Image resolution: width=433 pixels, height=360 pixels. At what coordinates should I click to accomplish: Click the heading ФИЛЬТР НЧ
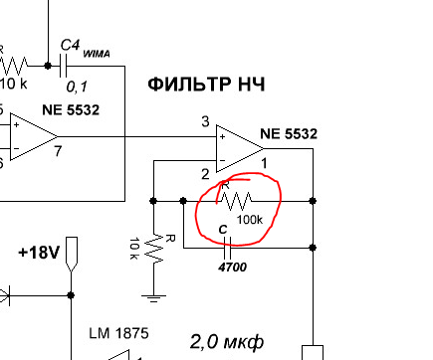[x=206, y=85]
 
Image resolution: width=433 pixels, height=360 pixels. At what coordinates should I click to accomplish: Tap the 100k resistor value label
[x=250, y=220]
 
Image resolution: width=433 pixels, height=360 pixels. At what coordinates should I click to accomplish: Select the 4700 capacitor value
[x=232, y=267]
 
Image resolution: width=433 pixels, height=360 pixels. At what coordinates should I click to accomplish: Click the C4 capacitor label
[x=70, y=46]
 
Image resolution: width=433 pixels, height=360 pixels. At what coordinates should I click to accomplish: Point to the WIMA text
[x=97, y=54]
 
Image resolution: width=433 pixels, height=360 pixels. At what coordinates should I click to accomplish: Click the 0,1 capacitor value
[x=77, y=87]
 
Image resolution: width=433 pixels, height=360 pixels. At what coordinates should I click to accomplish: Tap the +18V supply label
[x=39, y=253]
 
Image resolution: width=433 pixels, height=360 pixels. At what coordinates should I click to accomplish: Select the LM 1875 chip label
[x=118, y=333]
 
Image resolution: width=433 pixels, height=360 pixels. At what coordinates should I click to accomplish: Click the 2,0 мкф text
[x=227, y=342]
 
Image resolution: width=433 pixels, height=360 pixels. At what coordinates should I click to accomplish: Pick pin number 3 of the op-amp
[x=205, y=121]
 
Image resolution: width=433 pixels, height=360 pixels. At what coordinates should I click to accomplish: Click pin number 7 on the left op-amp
[x=58, y=151]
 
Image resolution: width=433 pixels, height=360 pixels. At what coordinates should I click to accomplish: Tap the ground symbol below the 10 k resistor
[x=153, y=298]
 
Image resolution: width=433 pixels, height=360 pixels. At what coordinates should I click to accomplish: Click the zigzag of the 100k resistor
[x=235, y=201]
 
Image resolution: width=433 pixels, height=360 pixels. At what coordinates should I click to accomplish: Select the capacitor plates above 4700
[x=227, y=248]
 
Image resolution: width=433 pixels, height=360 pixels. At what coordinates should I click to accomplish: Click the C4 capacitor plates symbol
[x=63, y=66]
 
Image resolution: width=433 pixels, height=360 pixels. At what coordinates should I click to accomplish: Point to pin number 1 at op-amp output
[x=264, y=163]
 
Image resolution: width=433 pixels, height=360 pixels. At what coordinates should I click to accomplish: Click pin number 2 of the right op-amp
[x=205, y=174]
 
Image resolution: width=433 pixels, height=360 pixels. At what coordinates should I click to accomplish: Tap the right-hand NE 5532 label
[x=289, y=134]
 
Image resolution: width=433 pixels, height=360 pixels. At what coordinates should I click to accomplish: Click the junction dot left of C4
[x=48, y=66]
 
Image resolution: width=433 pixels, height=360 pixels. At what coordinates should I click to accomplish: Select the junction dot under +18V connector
[x=71, y=295]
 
